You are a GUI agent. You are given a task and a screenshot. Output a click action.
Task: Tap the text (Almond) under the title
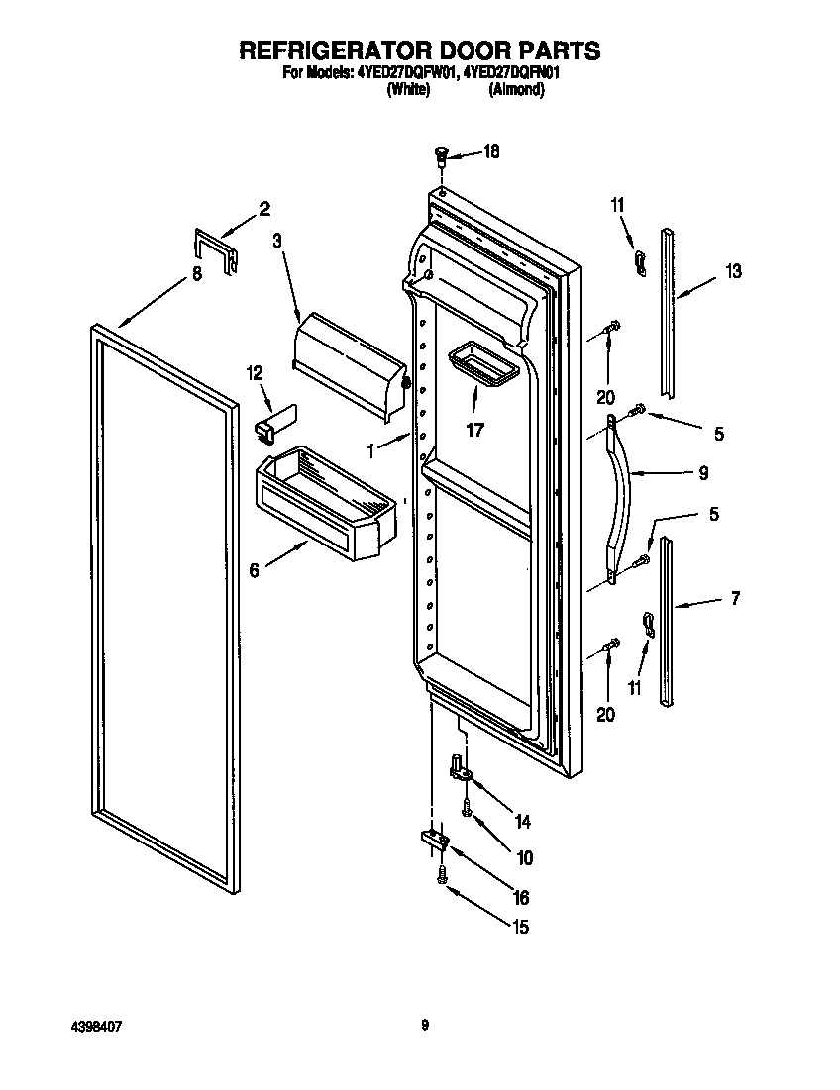517,89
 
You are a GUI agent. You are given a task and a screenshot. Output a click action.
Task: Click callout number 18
490,151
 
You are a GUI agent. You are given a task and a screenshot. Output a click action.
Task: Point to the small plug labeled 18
441,153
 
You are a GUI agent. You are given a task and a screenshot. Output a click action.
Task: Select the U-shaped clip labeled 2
215,251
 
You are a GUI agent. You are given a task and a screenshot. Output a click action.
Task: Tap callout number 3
278,240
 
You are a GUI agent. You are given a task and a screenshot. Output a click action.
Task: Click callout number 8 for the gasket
196,275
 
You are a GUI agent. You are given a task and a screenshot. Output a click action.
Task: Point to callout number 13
733,271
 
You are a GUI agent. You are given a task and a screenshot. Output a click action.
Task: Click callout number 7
734,598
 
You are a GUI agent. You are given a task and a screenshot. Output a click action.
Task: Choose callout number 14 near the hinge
523,821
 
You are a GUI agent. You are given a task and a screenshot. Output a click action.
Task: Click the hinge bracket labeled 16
435,840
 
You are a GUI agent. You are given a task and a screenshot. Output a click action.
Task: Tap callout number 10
524,857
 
